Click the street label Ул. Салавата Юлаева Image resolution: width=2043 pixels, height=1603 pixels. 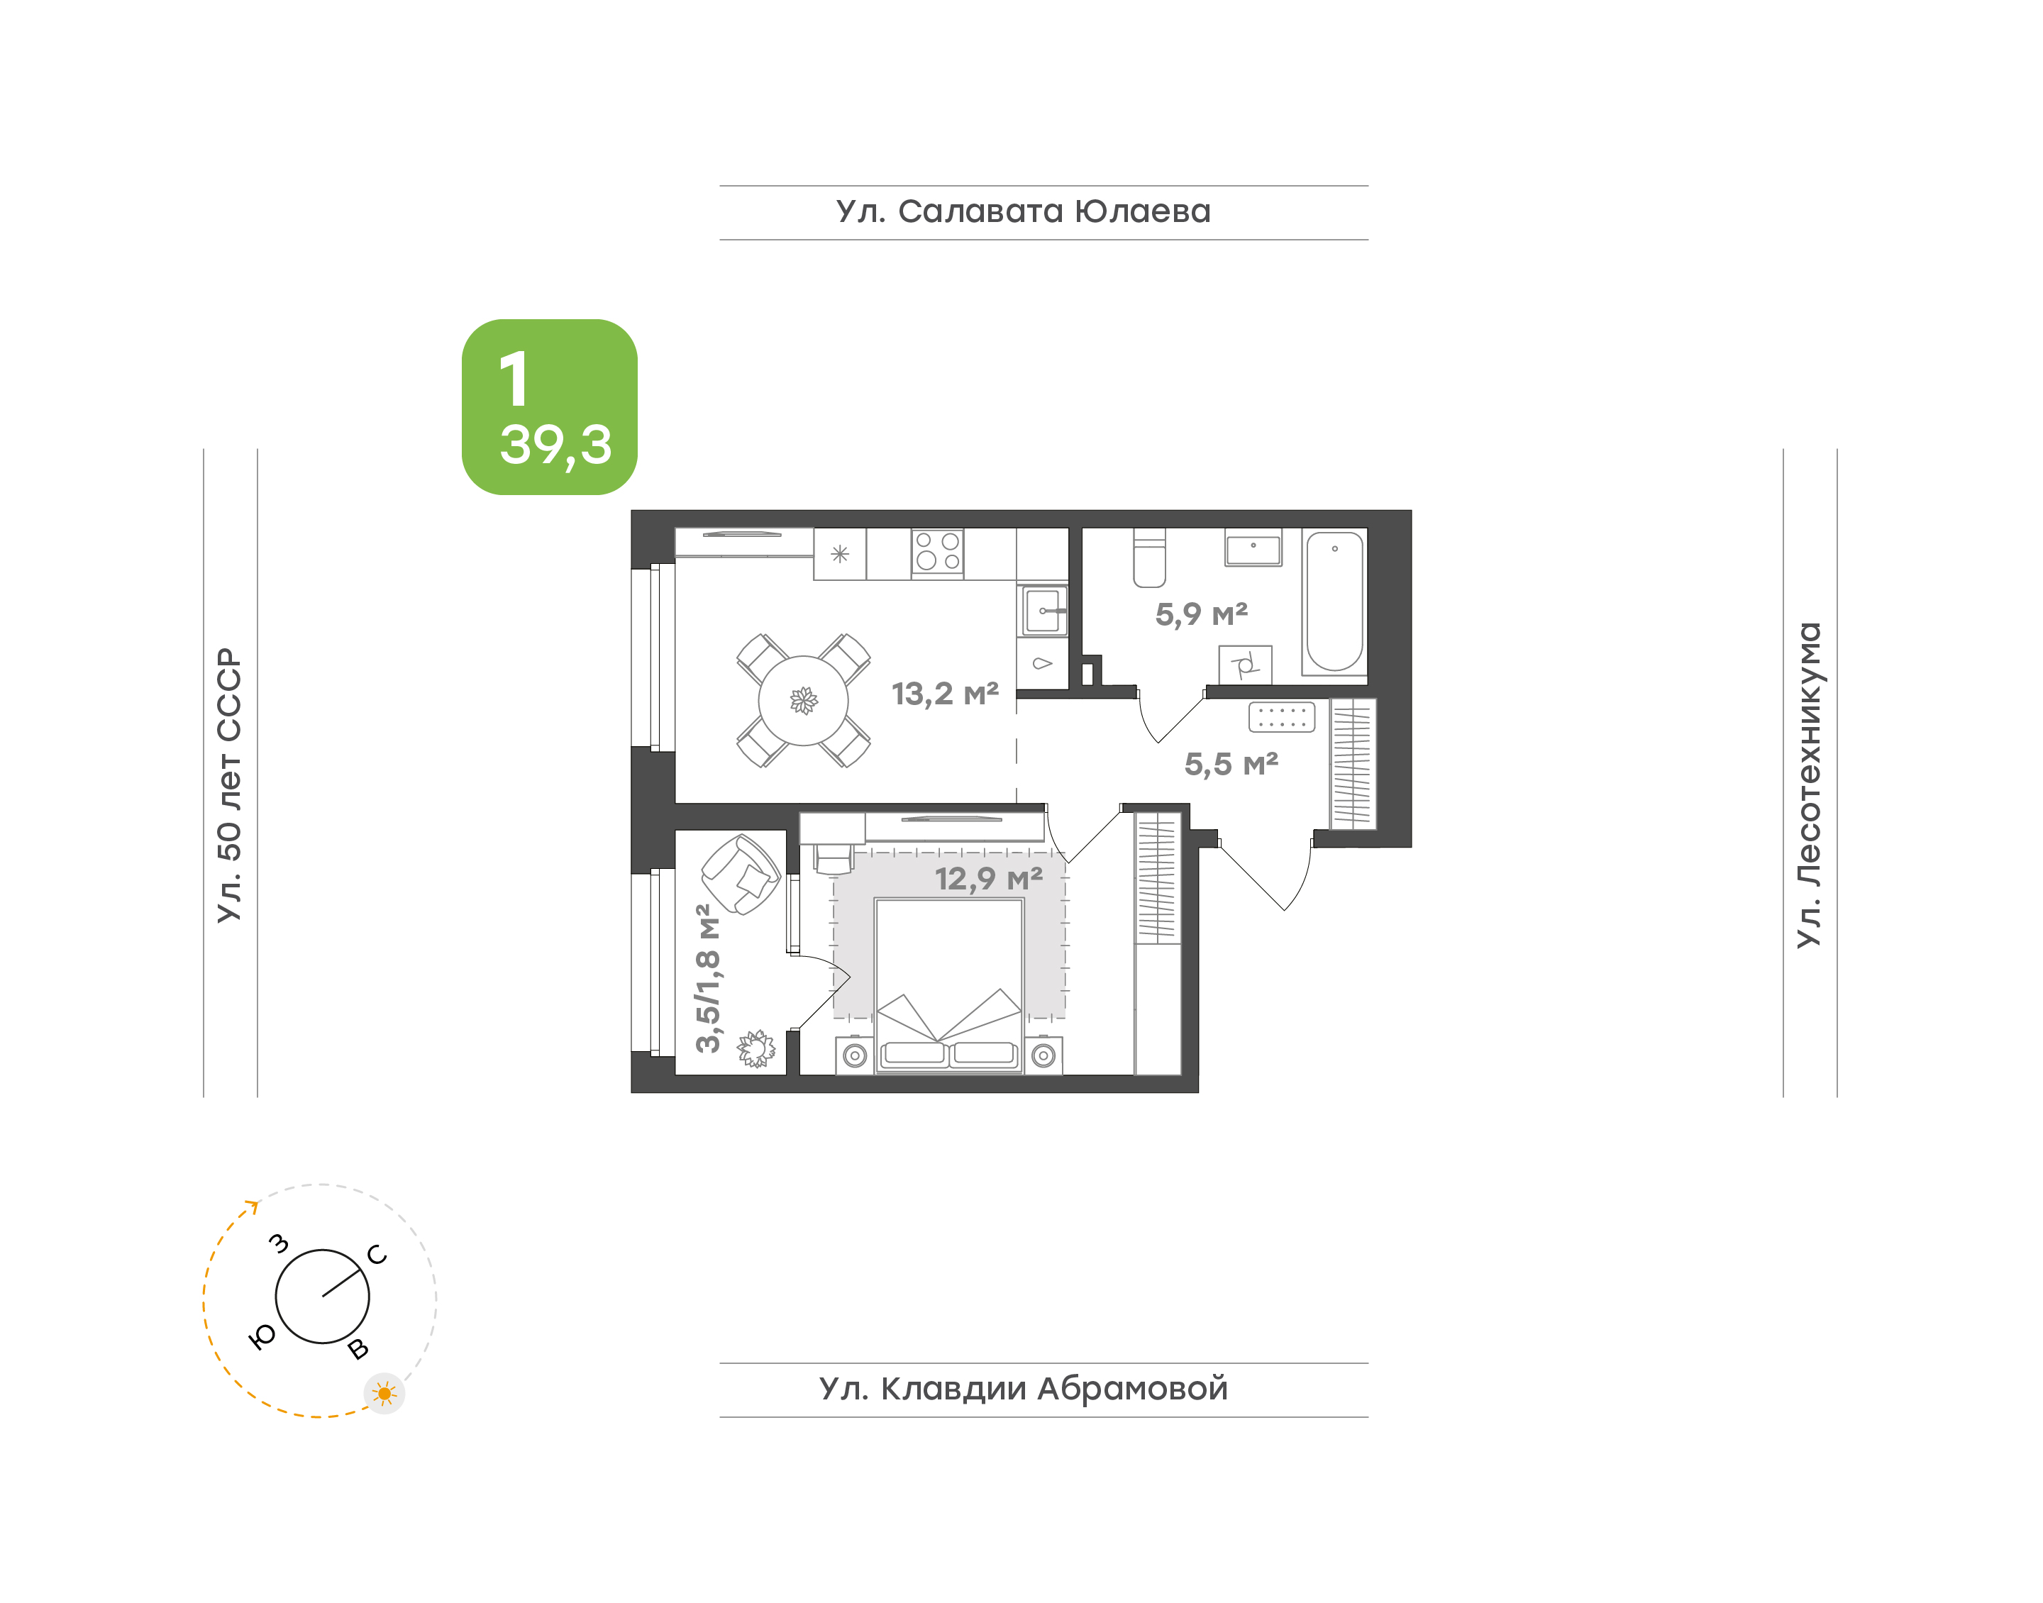[x=1023, y=212]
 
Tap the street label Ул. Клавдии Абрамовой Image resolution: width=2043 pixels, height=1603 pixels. [x=1023, y=1389]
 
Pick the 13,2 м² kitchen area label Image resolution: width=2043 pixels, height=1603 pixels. [x=945, y=694]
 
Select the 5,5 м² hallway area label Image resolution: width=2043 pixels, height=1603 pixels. [x=1231, y=764]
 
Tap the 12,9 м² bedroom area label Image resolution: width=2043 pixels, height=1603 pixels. [x=989, y=879]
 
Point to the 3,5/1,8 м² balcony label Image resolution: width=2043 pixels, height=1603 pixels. [x=709, y=978]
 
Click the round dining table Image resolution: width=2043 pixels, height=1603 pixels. [x=803, y=700]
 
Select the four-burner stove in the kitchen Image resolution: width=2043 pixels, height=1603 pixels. [x=938, y=553]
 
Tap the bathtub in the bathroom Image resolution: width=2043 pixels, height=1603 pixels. [x=1334, y=601]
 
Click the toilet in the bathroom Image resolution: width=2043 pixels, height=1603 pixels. [x=1150, y=558]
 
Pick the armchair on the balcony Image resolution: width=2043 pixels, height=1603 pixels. [x=741, y=875]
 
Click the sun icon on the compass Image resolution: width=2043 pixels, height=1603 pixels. [x=384, y=1394]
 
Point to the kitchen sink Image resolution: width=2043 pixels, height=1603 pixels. [x=1043, y=611]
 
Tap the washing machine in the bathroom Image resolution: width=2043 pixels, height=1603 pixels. [x=1246, y=665]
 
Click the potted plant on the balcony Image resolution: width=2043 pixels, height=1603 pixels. [x=756, y=1048]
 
